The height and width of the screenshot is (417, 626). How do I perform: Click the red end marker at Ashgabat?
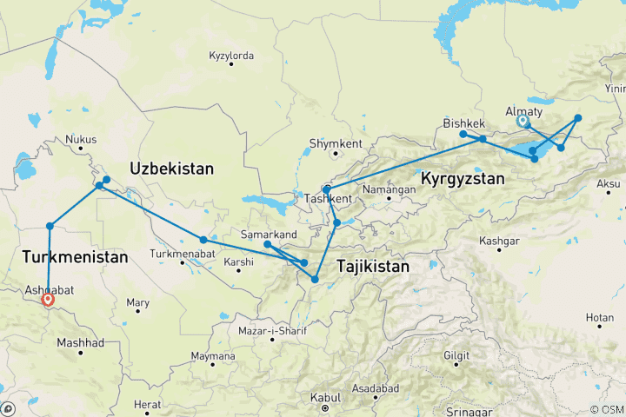[48, 300]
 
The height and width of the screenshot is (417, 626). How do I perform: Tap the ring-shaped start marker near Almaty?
[523, 122]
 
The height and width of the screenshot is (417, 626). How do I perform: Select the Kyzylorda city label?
[231, 56]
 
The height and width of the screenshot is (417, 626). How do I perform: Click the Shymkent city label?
[335, 143]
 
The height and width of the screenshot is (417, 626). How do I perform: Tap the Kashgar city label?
[501, 240]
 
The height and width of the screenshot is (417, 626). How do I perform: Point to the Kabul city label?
[324, 397]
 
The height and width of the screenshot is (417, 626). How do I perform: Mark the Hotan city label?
[599, 318]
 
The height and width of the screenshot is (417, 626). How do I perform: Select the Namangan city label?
[390, 189]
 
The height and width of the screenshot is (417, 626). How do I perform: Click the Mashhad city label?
[80, 343]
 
